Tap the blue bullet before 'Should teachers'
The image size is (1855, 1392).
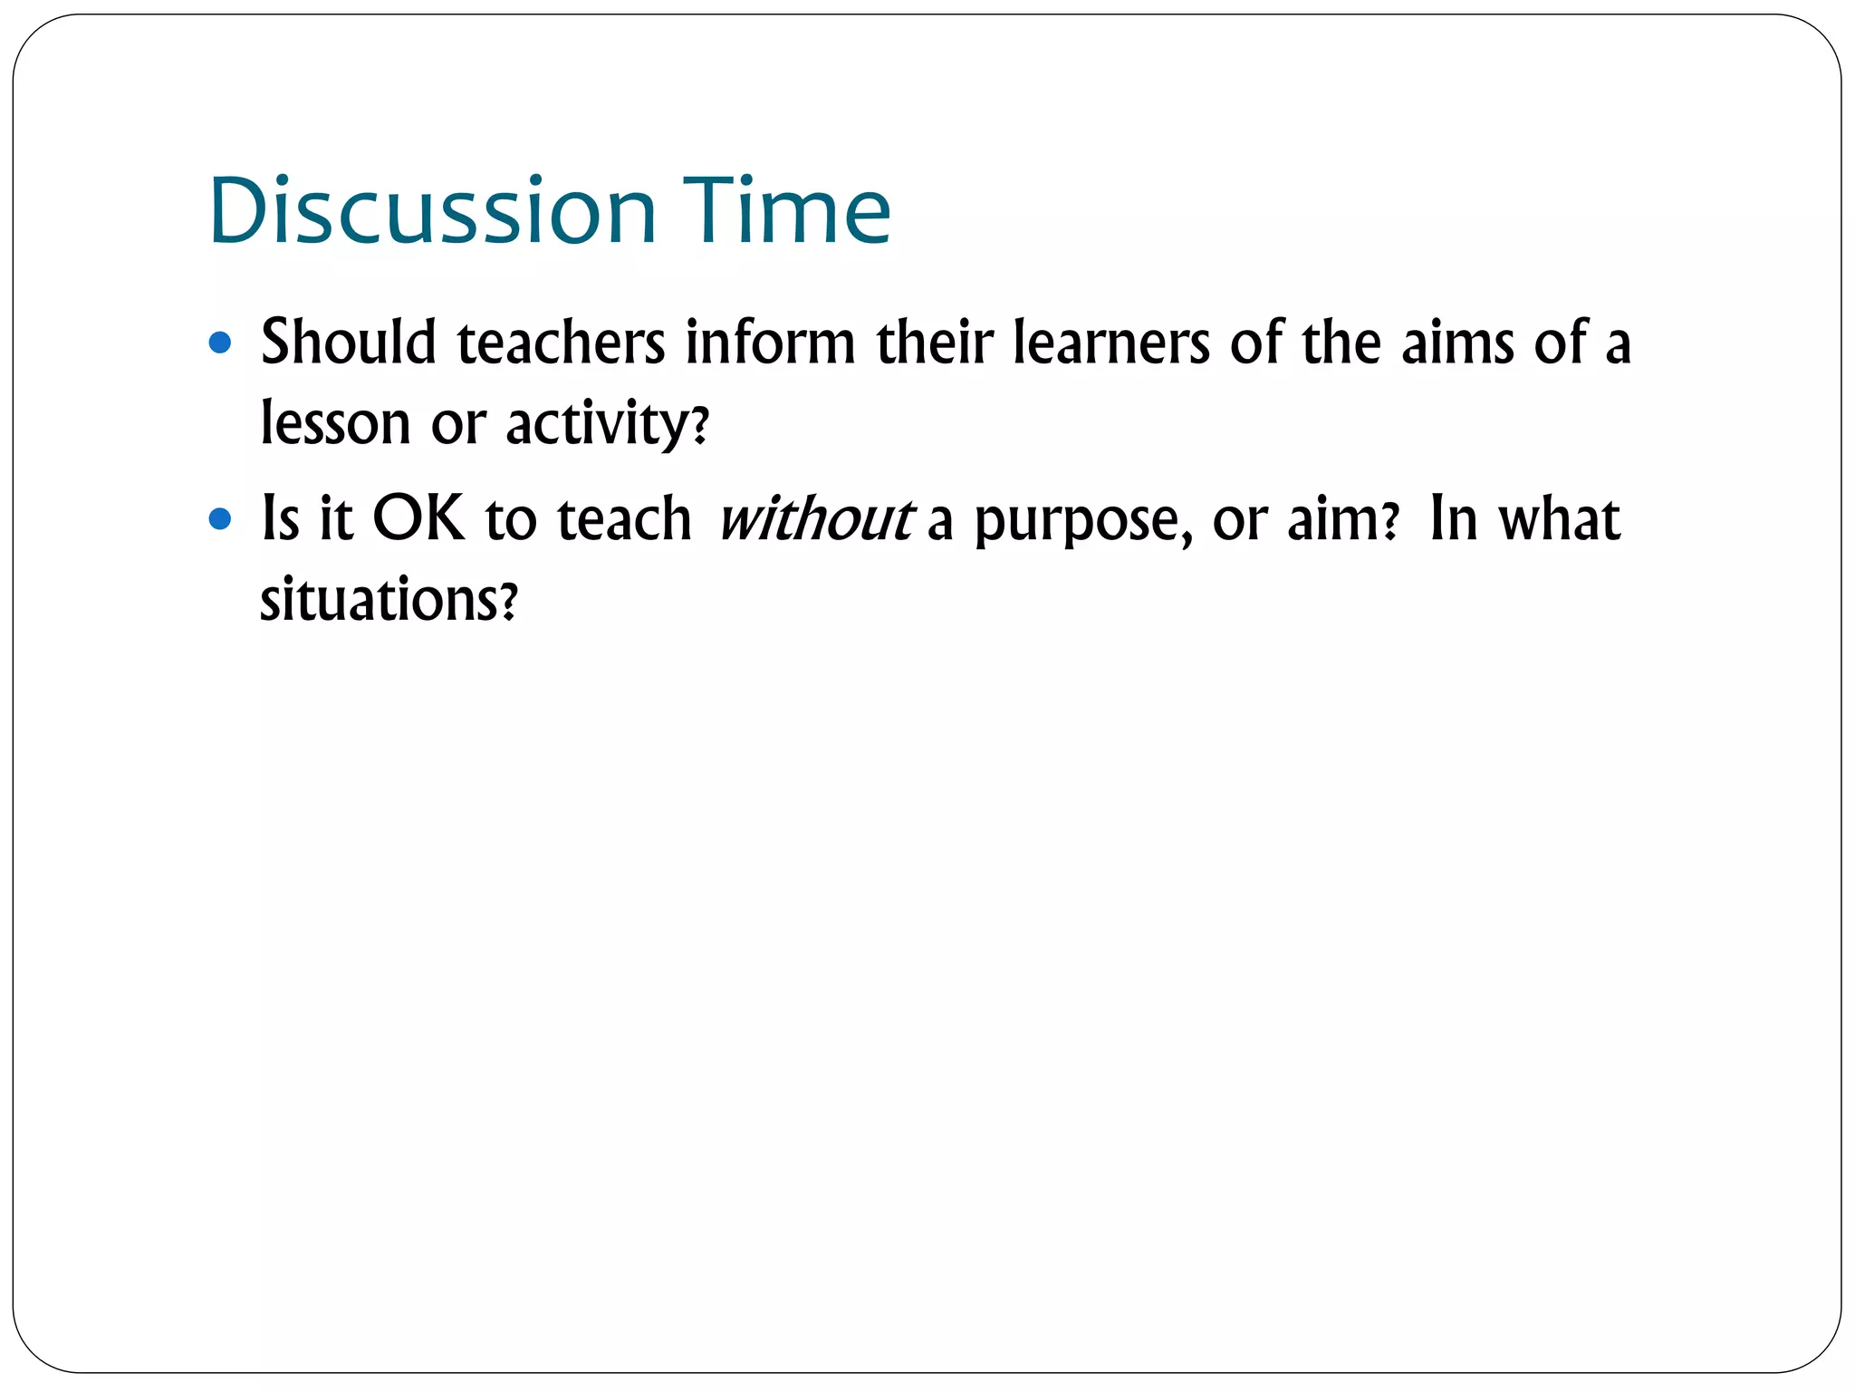(220, 343)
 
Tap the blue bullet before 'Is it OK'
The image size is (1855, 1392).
(220, 519)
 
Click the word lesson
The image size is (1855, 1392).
(335, 422)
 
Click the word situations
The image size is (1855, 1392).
(379, 599)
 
